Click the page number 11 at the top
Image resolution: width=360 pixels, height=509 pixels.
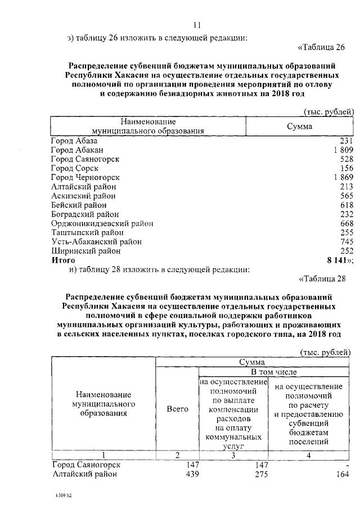197,25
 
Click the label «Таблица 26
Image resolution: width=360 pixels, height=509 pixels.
326,46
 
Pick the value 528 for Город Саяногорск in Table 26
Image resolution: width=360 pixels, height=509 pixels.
346,159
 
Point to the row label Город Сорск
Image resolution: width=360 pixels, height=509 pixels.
74,168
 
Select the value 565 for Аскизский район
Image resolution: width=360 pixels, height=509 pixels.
346,196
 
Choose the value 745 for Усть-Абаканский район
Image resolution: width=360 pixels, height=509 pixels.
346,242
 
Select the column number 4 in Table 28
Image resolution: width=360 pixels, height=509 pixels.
309,454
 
